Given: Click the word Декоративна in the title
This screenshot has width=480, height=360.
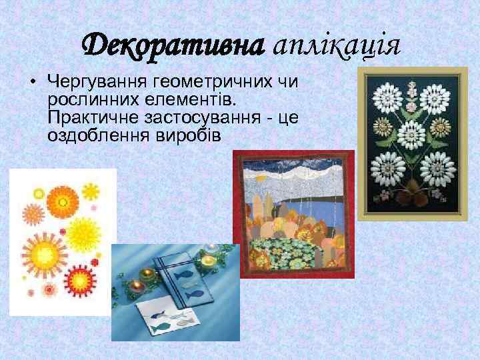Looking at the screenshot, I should (171, 45).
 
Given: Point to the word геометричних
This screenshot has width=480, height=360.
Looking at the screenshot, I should (211, 82).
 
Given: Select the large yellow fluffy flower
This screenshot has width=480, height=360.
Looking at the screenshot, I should (85, 233).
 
